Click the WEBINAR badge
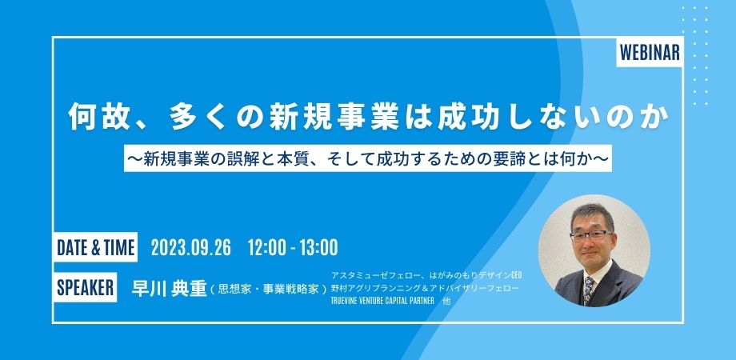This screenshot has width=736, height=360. [650, 53]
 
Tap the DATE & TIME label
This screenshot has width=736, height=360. [95, 247]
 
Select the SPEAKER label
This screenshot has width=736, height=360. [85, 287]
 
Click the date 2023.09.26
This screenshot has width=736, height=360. [191, 247]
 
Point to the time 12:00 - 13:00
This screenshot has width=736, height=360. [294, 247]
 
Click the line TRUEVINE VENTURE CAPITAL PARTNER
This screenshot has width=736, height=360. [382, 301]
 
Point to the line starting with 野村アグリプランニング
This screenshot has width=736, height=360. [425, 287]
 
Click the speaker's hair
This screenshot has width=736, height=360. [593, 215]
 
